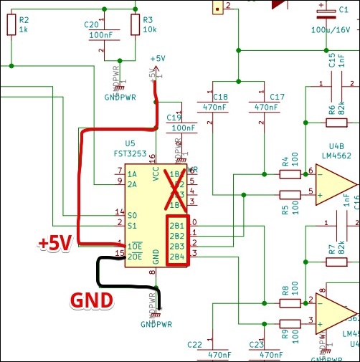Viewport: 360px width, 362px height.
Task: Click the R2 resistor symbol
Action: tap(11, 26)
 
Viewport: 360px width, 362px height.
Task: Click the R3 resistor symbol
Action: tap(134, 26)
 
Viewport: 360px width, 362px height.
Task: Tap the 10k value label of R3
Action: tap(149, 30)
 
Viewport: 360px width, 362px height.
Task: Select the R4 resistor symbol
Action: tap(290, 173)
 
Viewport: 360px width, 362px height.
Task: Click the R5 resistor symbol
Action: tap(290, 194)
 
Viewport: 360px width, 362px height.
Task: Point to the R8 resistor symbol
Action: tap(290, 304)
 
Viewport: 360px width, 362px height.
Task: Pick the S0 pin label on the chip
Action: tap(132, 214)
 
